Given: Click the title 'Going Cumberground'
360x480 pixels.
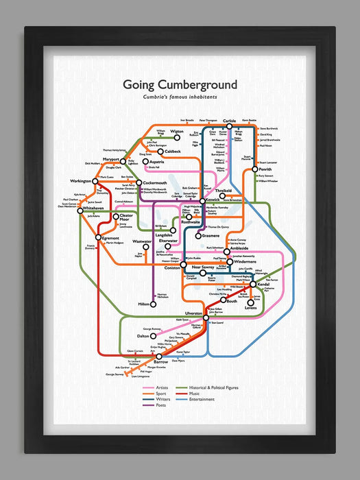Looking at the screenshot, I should click(180, 85).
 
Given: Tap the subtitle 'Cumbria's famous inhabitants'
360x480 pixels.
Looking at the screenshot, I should click(180, 98).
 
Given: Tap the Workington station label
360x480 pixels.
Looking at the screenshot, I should click(80, 181).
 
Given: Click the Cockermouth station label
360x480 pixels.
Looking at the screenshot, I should click(152, 183).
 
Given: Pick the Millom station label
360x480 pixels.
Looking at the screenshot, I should click(143, 304).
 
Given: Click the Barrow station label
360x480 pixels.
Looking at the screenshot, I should click(160, 361).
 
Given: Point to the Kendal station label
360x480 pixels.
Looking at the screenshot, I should click(266, 284).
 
